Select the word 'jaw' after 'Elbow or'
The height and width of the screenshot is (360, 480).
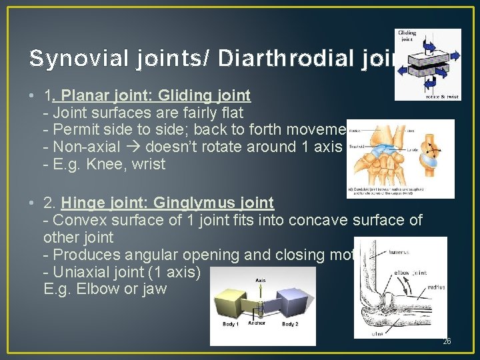153,289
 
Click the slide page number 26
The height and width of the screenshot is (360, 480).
447,342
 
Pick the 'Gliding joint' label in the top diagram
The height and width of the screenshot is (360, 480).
407,37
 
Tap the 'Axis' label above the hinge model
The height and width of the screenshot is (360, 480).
260,281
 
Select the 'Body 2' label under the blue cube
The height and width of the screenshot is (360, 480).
290,324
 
